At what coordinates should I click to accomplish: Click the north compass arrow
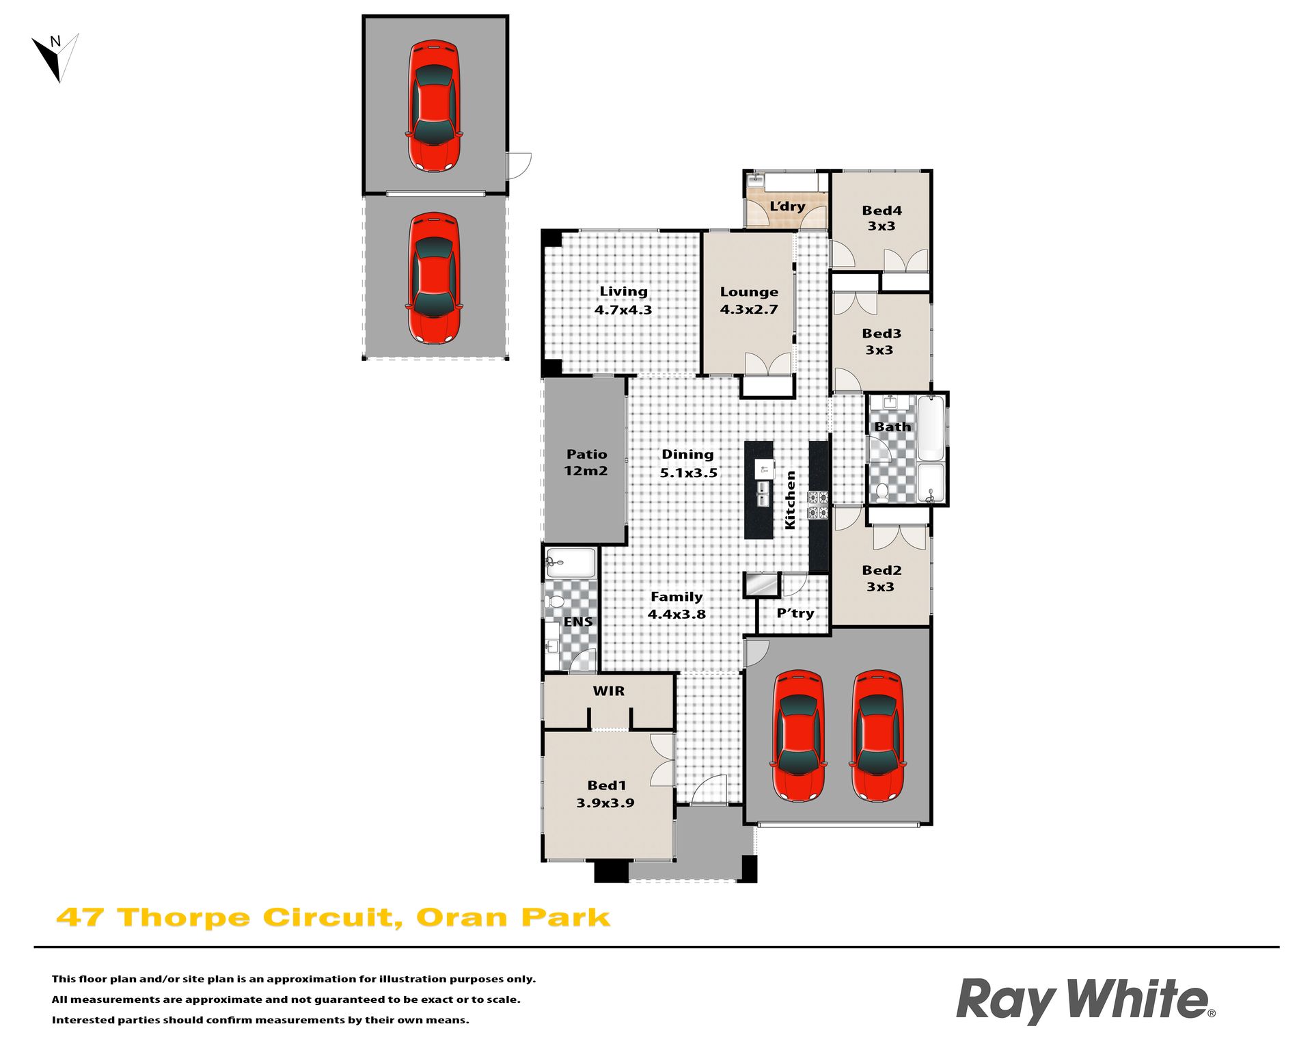coord(55,58)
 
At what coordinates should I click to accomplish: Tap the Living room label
coord(623,300)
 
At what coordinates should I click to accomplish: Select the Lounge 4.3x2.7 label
coord(749,300)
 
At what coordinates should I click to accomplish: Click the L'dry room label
coord(787,206)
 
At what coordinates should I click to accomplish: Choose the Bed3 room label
coord(881,341)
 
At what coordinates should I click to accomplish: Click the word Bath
coord(892,427)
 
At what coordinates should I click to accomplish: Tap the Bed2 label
coord(881,578)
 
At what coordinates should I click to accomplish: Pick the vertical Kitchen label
coord(791,500)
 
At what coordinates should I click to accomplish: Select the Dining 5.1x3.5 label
coord(688,463)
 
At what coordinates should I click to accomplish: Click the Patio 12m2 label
coord(586,462)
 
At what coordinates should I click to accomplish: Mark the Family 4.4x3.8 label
coord(676,605)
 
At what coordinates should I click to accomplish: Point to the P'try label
coord(795,613)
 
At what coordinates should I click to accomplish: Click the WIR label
coord(609,691)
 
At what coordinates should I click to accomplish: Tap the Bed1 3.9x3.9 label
coord(605,794)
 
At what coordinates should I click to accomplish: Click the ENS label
coord(578,621)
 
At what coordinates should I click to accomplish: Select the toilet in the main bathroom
coord(882,492)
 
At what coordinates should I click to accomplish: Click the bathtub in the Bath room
coord(930,428)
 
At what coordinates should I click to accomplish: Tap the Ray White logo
coord(1086,1000)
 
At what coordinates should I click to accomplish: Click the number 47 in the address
coord(80,917)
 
